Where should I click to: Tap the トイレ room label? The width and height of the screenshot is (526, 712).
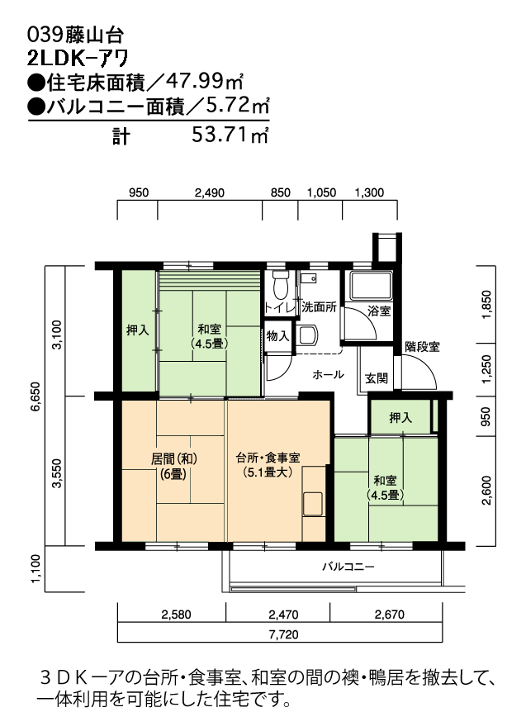(279, 307)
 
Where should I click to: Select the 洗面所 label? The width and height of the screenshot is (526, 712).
(319, 307)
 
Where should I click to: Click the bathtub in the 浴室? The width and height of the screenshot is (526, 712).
(370, 286)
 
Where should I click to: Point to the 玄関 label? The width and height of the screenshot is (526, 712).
(377, 377)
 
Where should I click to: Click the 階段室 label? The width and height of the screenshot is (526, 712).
(422, 347)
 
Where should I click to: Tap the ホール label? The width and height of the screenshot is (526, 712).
(328, 375)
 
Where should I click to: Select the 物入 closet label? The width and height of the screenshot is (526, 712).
(277, 336)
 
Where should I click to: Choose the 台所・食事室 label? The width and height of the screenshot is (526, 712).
(268, 458)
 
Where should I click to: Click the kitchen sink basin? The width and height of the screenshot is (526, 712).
(313, 504)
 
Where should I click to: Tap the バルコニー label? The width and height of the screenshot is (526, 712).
(348, 567)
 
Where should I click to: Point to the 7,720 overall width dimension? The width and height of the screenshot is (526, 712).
(284, 634)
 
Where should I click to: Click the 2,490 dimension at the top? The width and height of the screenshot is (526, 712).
(210, 193)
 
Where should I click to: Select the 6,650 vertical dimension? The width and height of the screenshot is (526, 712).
(36, 396)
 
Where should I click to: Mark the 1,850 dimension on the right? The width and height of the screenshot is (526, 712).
(486, 305)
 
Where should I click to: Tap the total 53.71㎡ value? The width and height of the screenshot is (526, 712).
(230, 135)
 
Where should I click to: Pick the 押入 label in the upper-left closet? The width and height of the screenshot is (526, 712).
(138, 330)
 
